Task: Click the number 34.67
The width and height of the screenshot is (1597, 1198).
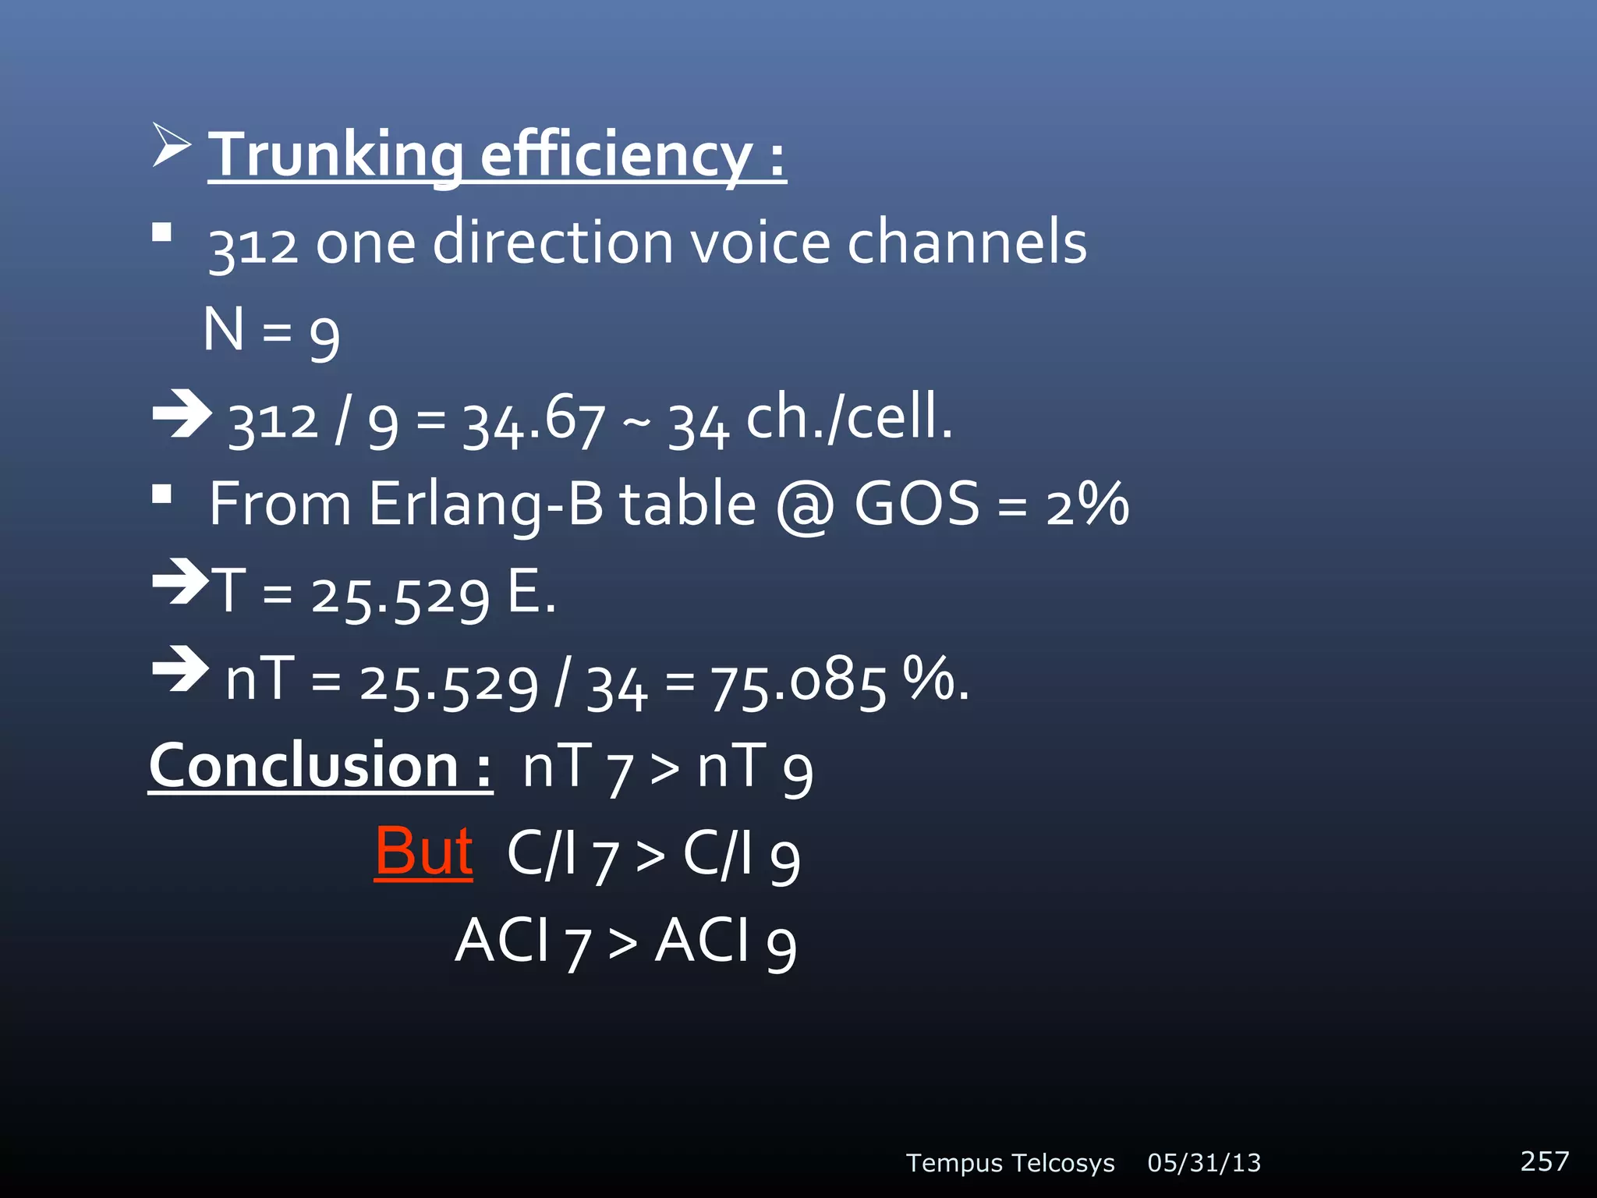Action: (x=533, y=421)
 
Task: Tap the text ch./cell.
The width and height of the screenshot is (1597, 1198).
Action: (x=849, y=417)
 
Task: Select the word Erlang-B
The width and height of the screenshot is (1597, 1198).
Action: (x=485, y=504)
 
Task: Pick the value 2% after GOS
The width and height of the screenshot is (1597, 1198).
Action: (x=1087, y=504)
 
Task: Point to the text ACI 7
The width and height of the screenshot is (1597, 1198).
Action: (x=522, y=941)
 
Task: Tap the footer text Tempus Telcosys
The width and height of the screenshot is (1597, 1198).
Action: (x=1010, y=1163)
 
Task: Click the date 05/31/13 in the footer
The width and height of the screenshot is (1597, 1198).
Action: (x=1204, y=1163)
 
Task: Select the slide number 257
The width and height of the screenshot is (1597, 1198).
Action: (x=1544, y=1161)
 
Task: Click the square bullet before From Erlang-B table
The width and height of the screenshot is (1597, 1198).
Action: (x=162, y=494)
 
